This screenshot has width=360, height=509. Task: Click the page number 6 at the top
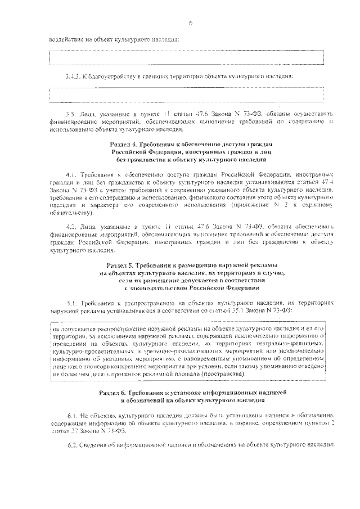[191, 23]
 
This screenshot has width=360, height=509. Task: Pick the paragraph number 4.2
[71, 226]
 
